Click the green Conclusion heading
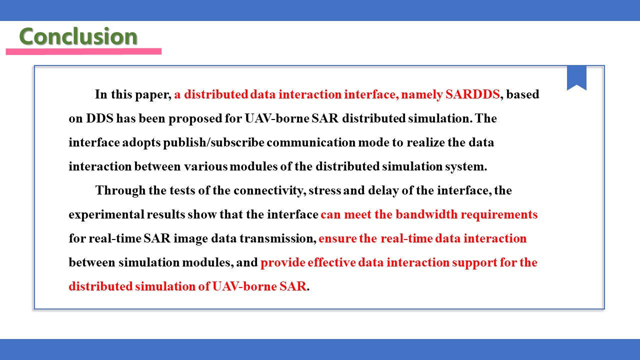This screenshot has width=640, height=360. click(78, 36)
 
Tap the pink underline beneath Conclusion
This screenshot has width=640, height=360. click(83, 51)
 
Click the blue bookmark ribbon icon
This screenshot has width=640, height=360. click(576, 77)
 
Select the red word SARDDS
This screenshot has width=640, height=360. click(472, 94)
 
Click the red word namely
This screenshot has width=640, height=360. click(421, 95)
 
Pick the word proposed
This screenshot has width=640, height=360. click(195, 119)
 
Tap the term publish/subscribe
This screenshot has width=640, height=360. click(213, 142)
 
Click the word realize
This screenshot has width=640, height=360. click(425, 142)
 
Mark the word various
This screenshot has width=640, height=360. click(205, 166)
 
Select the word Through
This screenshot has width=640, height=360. click(120, 190)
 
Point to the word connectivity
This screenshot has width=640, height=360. click(268, 190)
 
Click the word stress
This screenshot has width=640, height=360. click(324, 191)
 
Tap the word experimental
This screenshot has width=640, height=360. click(106, 215)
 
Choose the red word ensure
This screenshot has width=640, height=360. click(337, 239)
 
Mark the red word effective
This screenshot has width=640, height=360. click(331, 262)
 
